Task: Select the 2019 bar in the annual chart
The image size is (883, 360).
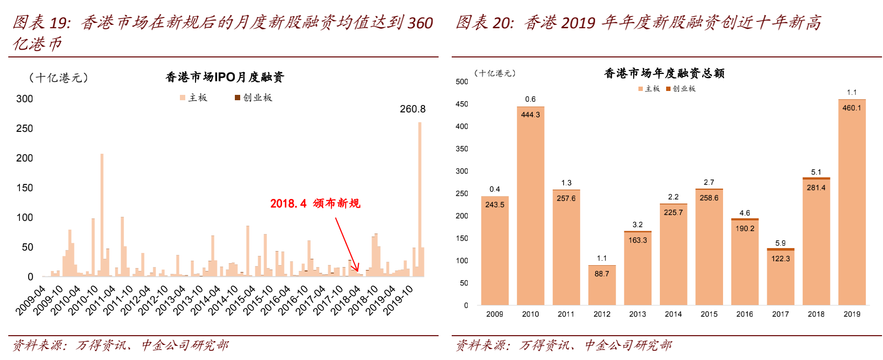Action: point(852,204)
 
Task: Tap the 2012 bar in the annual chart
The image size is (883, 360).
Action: point(602,287)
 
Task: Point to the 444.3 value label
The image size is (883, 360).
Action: point(530,115)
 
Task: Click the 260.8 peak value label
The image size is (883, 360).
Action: point(412,109)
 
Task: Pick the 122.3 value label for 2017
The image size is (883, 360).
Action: point(780,259)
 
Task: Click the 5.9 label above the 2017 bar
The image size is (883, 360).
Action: point(780,243)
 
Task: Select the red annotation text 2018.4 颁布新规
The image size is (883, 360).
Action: point(315,203)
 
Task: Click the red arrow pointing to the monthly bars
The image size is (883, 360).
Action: point(346,243)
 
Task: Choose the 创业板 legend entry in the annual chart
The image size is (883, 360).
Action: point(681,89)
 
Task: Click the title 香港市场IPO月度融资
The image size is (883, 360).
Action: point(225,77)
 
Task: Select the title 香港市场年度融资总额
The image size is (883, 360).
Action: point(664,73)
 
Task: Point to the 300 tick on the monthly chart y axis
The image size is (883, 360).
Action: point(24,99)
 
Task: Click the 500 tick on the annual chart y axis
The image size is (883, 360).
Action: point(462,82)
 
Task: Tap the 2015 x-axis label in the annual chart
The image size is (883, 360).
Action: point(709,314)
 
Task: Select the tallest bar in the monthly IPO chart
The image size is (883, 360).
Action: point(420,199)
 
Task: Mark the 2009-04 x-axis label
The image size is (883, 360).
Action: point(30,301)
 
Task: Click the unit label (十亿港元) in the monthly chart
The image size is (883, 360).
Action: point(58,77)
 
